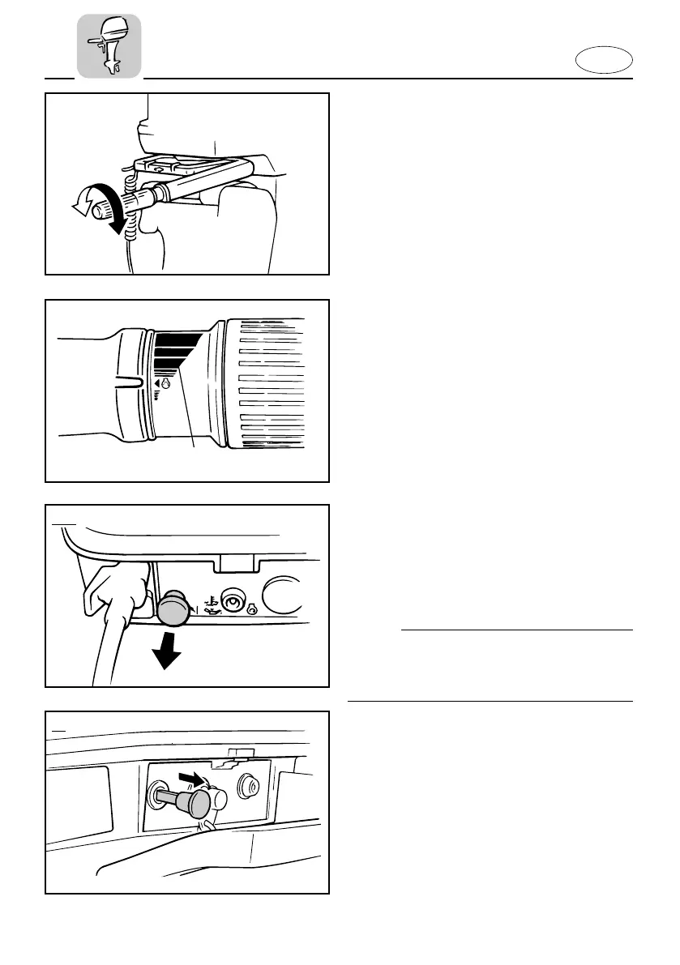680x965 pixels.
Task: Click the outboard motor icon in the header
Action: click(109, 45)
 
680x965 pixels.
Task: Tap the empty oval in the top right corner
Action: click(608, 61)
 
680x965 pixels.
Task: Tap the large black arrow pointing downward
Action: click(169, 652)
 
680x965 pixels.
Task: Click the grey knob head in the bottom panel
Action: click(197, 803)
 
